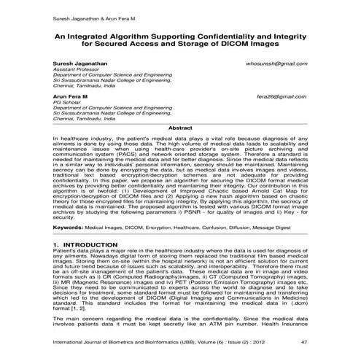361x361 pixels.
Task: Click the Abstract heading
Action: (x=181, y=128)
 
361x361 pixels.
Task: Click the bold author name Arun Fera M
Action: (x=71, y=96)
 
